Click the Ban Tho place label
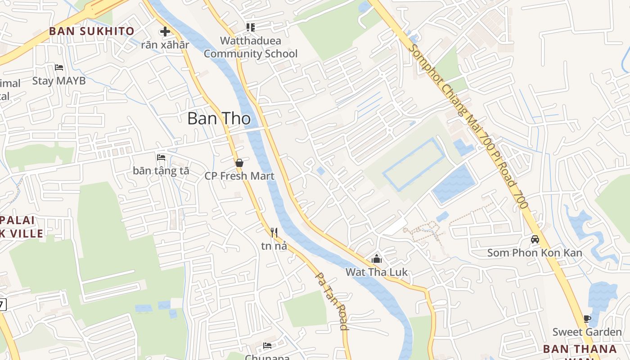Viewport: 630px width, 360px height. (219, 118)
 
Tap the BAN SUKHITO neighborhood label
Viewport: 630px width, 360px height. (92, 31)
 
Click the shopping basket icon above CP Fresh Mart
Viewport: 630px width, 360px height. (239, 162)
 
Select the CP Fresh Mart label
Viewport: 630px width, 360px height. (239, 176)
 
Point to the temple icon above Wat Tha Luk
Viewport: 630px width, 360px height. (377, 259)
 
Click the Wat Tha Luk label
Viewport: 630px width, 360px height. (377, 272)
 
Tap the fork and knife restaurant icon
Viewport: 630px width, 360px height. (274, 233)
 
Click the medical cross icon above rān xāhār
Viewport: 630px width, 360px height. (165, 31)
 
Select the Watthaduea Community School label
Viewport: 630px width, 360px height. (251, 47)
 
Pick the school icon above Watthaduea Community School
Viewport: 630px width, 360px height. (251, 27)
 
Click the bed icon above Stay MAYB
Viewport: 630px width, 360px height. (59, 67)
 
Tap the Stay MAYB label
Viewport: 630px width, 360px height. (59, 81)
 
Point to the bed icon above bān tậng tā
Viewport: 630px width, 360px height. (161, 157)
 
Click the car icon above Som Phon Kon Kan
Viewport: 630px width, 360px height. (535, 239)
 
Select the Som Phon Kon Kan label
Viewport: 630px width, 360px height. (535, 253)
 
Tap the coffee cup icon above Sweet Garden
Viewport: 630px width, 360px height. (587, 319)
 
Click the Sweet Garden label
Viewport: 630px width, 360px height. (587, 332)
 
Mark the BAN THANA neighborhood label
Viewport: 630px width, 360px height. (580, 349)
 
